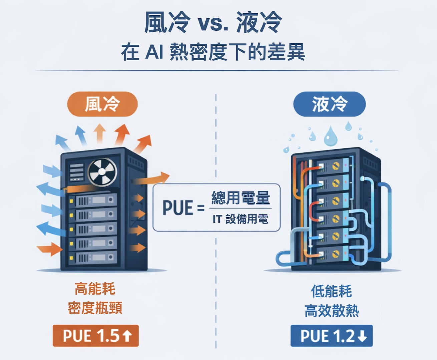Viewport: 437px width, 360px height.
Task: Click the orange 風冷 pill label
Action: coord(102,104)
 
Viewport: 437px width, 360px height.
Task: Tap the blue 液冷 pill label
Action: coord(329,104)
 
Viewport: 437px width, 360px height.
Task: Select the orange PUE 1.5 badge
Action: coord(96,336)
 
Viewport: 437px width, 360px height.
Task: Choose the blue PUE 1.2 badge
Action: coord(331,336)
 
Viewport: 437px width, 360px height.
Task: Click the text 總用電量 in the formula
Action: coord(241,198)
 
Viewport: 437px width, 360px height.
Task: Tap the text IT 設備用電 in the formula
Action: coord(240,219)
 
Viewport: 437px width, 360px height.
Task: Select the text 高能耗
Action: coord(95,289)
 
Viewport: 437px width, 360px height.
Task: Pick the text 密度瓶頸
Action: coord(95,308)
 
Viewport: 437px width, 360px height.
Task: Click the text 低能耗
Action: coord(331,291)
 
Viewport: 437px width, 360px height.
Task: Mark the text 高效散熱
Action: coord(331,311)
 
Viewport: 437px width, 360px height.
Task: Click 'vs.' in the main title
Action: coord(213,23)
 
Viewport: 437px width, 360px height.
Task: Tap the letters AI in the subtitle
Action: coord(154,52)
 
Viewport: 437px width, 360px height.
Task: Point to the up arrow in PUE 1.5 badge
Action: coord(127,336)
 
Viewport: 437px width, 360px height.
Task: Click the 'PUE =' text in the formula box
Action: coord(183,208)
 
